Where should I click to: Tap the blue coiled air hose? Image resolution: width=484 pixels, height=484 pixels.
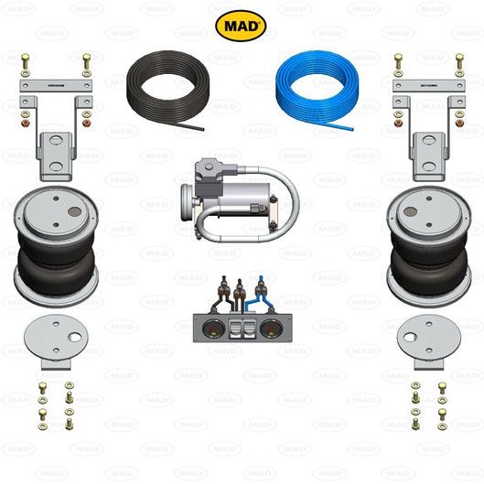click(x=317, y=81)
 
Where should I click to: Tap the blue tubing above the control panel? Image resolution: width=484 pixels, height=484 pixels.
click(x=262, y=294)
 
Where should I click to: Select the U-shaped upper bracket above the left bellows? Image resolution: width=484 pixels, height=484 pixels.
click(x=56, y=155)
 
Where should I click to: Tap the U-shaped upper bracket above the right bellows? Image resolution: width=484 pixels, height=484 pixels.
click(x=427, y=155)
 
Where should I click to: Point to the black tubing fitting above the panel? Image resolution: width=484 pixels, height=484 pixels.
click(x=220, y=296)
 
